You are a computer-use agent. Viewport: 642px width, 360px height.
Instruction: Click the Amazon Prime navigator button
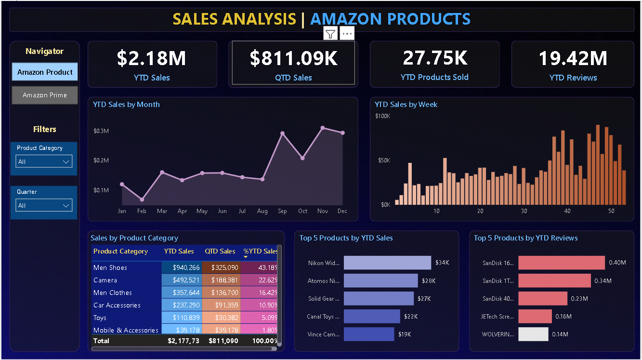[x=45, y=95]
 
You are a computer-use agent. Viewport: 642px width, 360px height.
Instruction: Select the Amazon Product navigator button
[x=45, y=72]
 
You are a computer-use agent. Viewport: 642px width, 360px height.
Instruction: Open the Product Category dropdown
[x=44, y=162]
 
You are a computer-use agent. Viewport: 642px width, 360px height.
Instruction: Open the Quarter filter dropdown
[x=44, y=206]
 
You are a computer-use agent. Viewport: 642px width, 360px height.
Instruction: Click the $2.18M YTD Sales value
[x=151, y=58]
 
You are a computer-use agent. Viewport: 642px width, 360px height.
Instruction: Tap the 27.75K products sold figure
[x=435, y=58]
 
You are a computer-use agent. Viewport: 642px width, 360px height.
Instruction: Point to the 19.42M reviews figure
[x=573, y=58]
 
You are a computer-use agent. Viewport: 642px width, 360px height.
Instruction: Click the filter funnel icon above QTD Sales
[x=330, y=34]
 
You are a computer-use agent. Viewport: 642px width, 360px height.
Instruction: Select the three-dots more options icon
[x=347, y=34]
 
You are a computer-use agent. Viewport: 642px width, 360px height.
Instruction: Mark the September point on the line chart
[x=282, y=133]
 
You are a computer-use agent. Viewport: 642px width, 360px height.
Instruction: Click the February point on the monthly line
[x=142, y=199]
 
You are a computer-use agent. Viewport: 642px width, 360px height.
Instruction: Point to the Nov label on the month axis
[x=322, y=211]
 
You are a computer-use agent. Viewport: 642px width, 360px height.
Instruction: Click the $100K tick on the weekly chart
[x=382, y=116]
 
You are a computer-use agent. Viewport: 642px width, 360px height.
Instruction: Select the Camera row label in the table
[x=105, y=280]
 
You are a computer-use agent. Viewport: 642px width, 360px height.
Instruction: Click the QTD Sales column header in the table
[x=220, y=251]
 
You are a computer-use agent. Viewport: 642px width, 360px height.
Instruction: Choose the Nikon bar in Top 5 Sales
[x=387, y=263]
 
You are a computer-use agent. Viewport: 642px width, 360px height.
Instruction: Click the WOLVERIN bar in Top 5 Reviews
[x=533, y=334]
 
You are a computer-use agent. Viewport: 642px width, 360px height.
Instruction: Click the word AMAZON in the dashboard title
[x=347, y=19]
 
